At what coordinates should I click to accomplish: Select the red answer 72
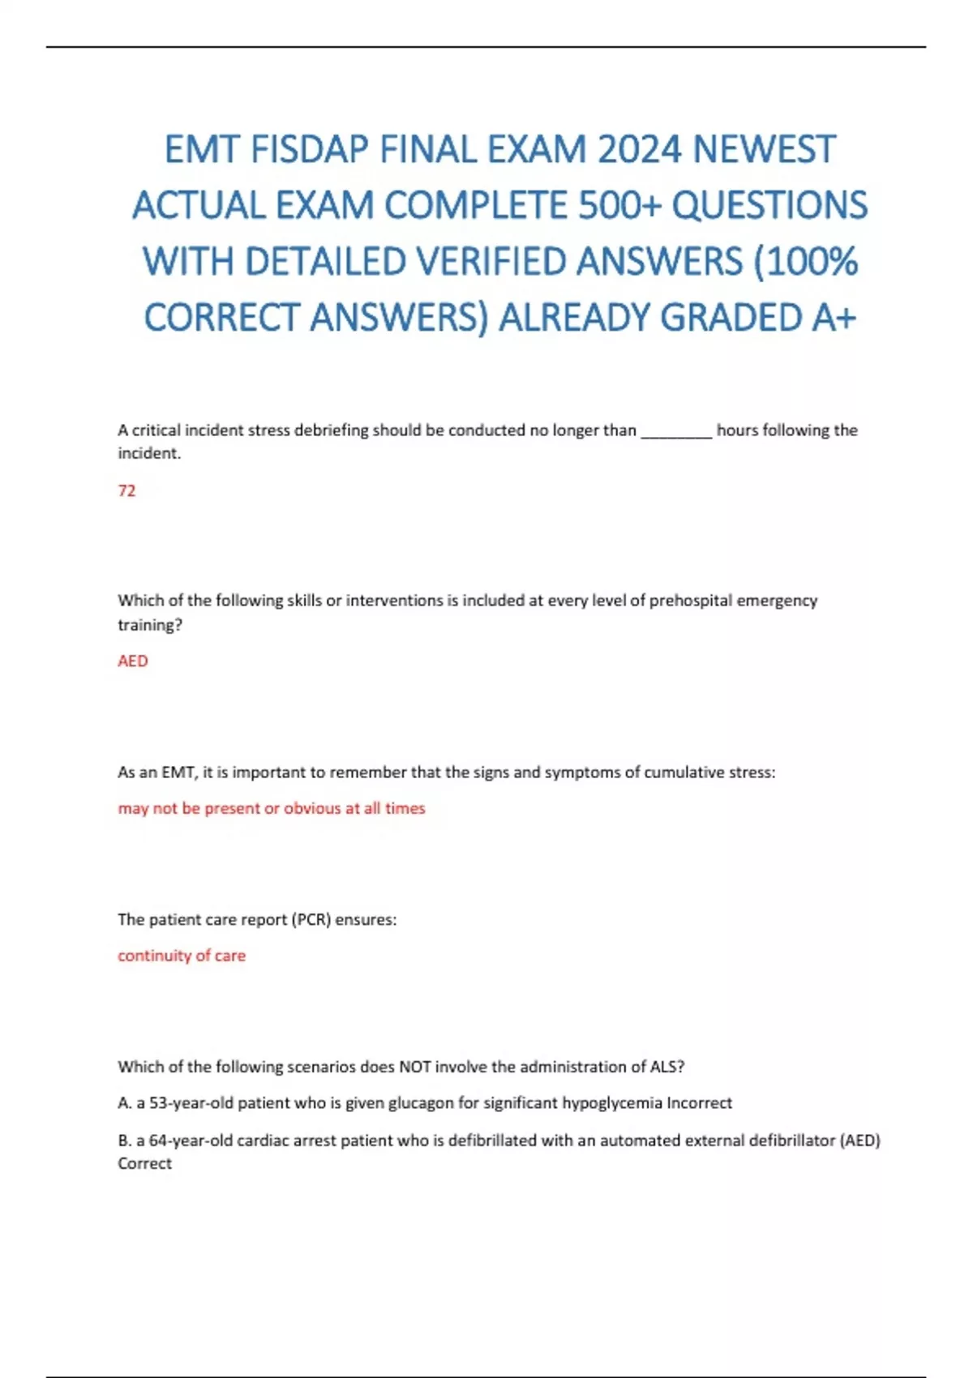click(x=126, y=490)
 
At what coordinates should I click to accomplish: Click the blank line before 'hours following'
click(x=676, y=431)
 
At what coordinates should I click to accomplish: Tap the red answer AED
click(x=133, y=661)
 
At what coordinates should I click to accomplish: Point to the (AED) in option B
click(x=860, y=1140)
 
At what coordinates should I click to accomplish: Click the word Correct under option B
click(x=144, y=1164)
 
